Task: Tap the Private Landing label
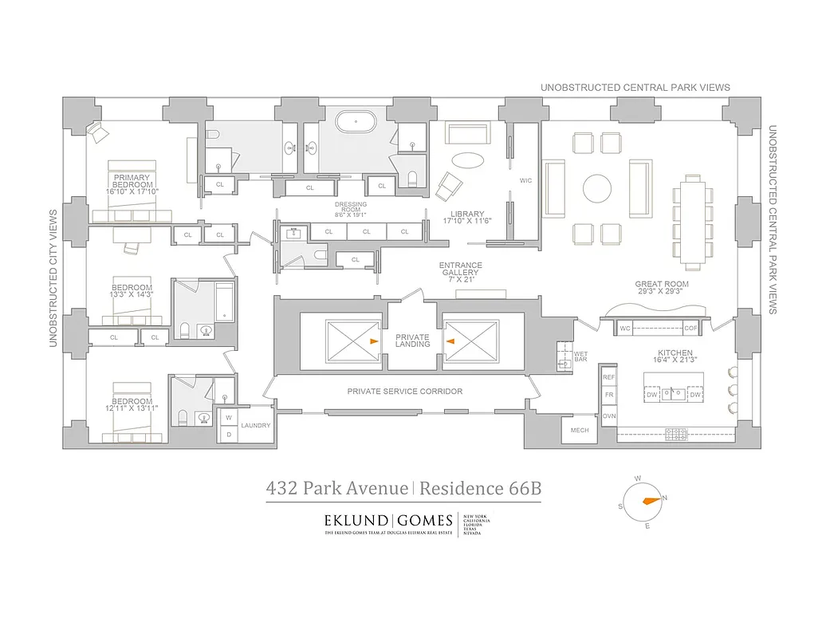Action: click(412, 341)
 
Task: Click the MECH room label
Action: click(579, 431)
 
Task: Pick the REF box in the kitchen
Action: click(609, 376)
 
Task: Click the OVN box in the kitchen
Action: click(609, 415)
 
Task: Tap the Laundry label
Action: click(256, 425)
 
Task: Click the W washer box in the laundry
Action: click(228, 417)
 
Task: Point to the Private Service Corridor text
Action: click(404, 392)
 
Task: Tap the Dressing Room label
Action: click(350, 209)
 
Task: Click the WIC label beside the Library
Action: click(525, 181)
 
